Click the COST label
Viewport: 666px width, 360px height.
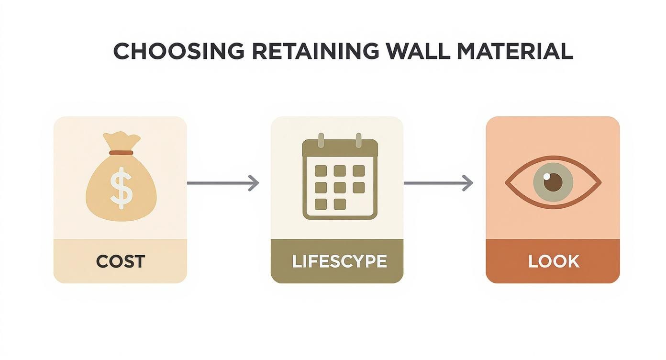[x=120, y=261]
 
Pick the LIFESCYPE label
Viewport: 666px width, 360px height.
[x=339, y=262]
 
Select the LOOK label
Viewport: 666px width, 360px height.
[x=554, y=261]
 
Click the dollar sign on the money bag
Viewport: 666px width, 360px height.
[x=120, y=187]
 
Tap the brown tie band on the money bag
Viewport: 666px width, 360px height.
[x=121, y=153]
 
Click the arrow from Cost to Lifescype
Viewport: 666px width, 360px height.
[x=222, y=183]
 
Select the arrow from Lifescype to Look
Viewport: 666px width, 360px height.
[x=438, y=183]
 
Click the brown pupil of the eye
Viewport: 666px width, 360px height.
[x=554, y=182]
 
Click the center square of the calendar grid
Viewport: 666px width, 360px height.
[x=340, y=187]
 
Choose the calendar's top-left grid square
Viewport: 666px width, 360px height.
[x=321, y=171]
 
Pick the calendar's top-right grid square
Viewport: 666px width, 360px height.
[x=358, y=171]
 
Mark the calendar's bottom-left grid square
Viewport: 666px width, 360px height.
[x=321, y=204]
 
